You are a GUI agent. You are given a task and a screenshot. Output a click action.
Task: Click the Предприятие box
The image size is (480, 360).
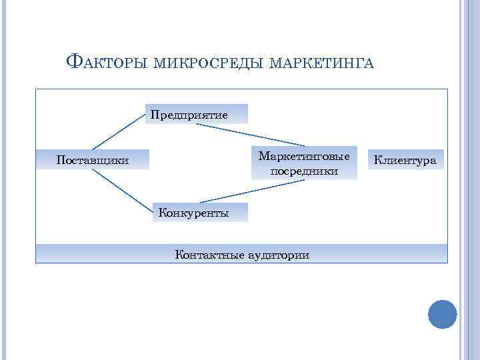[x=189, y=115]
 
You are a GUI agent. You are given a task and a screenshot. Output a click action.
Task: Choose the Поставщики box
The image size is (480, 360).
[x=92, y=160]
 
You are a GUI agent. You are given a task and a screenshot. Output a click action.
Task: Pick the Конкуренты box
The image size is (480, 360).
[x=194, y=213]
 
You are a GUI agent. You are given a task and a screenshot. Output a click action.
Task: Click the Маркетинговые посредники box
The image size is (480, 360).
[x=304, y=163]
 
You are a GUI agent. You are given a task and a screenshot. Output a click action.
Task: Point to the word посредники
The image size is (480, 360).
[x=304, y=171]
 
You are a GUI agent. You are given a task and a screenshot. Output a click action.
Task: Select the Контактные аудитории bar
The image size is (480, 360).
[x=241, y=254]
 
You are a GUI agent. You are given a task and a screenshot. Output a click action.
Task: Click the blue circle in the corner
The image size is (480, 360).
[x=442, y=314]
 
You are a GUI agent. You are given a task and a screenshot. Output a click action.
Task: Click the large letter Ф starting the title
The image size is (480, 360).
[x=75, y=62]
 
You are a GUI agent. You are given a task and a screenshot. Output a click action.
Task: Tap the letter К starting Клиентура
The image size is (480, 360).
[x=377, y=160]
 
